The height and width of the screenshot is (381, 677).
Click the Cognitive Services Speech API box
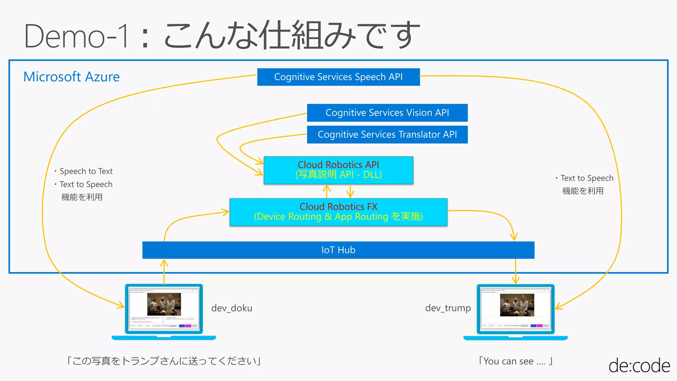[x=338, y=77]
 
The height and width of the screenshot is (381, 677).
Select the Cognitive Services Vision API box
[x=387, y=113]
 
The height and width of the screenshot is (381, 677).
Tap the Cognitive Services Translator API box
[x=387, y=135]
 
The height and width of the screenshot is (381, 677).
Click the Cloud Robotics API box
[x=338, y=170]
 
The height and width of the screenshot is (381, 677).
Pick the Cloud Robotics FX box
[x=338, y=212]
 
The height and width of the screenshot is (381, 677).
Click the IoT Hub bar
[x=338, y=250]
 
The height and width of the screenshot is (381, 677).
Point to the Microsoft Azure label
[x=71, y=77]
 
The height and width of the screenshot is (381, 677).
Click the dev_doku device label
[x=232, y=308]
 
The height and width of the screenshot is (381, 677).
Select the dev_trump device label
[x=448, y=308]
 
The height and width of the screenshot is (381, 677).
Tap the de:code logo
[x=639, y=366]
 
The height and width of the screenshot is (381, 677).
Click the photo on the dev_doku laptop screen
[x=164, y=304]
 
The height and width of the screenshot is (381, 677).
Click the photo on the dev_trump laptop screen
[x=517, y=305]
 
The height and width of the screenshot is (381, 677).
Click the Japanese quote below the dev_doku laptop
[x=164, y=361]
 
